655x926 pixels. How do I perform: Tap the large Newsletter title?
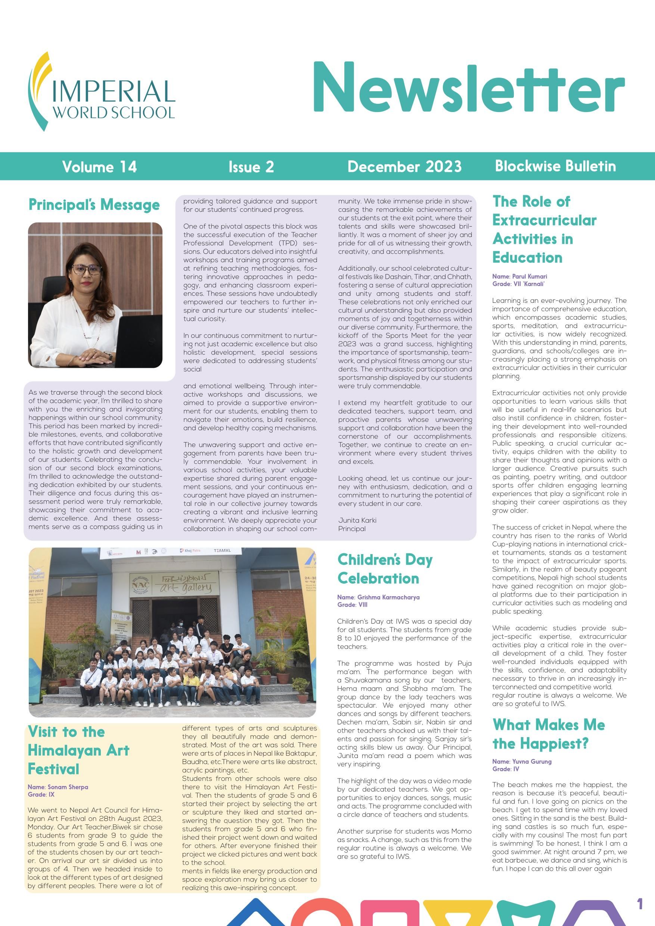coord(468,88)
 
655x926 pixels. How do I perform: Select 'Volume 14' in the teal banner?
coord(99,167)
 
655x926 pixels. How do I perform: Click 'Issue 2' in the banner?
coord(251,167)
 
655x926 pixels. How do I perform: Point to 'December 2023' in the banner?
coord(404,167)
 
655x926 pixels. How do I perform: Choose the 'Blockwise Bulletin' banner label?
coord(555,166)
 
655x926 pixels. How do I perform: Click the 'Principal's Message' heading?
coord(94,205)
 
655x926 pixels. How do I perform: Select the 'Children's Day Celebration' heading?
coord(385,569)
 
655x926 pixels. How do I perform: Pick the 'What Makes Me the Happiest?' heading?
coord(548,734)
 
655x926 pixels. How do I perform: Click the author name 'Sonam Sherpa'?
coord(67,787)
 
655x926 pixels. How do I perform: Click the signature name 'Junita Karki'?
coord(357,520)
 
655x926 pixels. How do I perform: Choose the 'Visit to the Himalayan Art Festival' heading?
coord(78,750)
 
